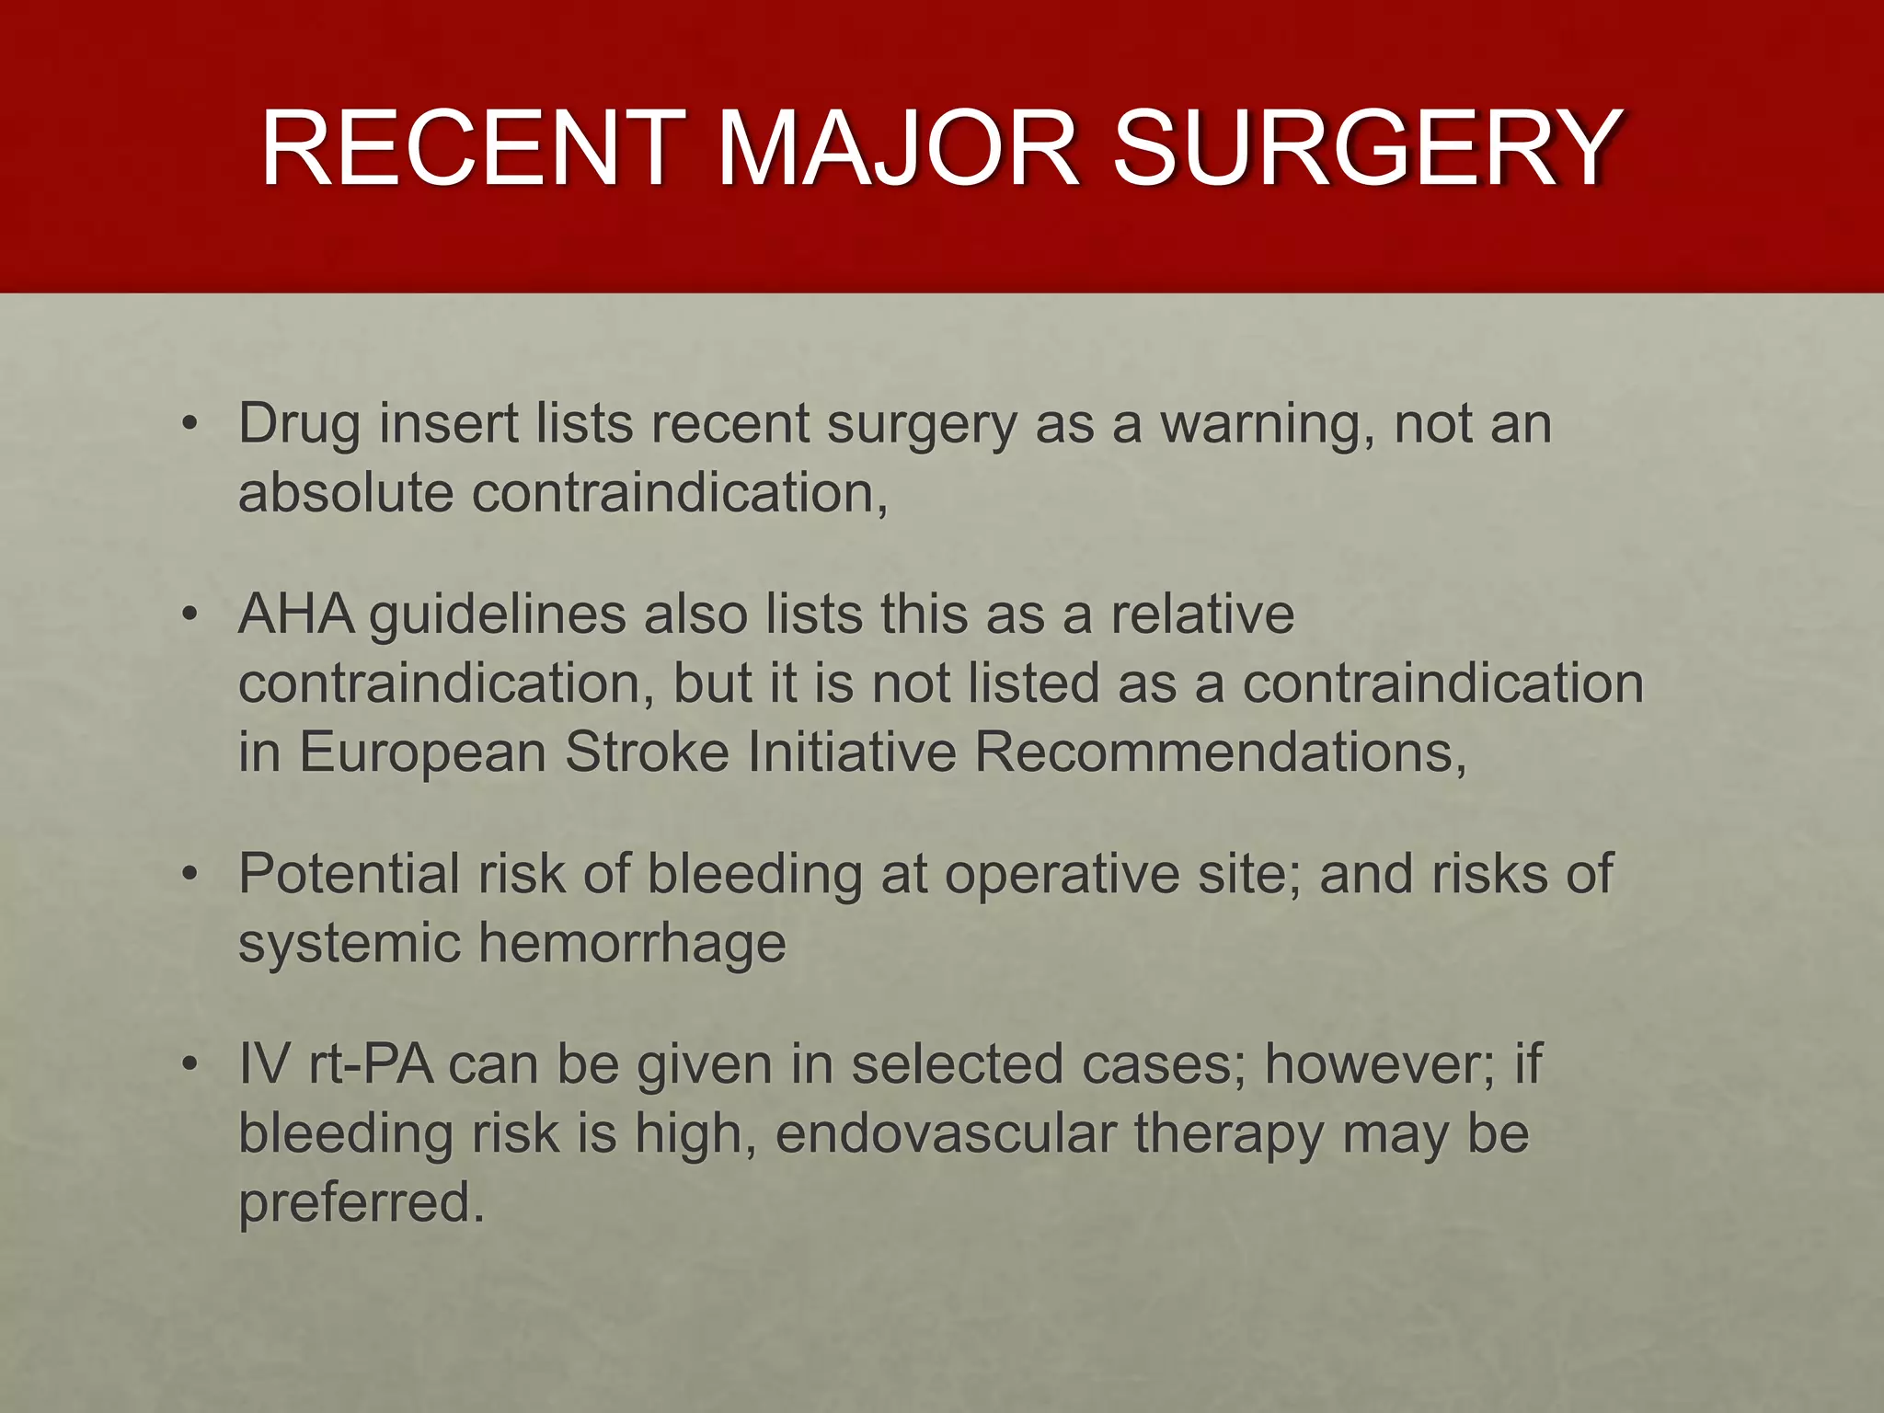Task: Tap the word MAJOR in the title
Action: pos(897,149)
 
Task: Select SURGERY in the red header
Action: pos(1367,149)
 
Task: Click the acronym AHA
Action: pos(296,614)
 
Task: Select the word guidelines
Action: pos(498,615)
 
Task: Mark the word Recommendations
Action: pos(1219,752)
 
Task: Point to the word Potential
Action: pos(349,873)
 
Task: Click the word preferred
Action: pos(361,1202)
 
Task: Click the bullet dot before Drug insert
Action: pos(190,425)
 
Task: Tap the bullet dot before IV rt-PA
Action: pos(190,1065)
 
